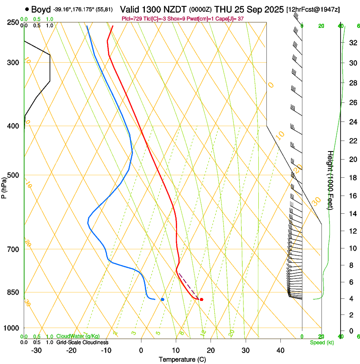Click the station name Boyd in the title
pyautogui.click(x=41, y=9)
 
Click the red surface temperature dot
pyautogui.click(x=202, y=300)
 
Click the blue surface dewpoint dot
pyautogui.click(x=163, y=300)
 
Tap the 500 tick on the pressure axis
pyautogui.click(x=13, y=175)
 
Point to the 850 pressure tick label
pyautogui.click(x=13, y=292)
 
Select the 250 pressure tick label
pyautogui.click(x=13, y=22)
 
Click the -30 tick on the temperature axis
pyautogui.click(x=36, y=350)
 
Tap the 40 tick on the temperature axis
pyautogui.click(x=280, y=350)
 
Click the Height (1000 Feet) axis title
pyautogui.click(x=330, y=180)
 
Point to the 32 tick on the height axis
pyautogui.click(x=352, y=43)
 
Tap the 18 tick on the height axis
pyautogui.click(x=352, y=177)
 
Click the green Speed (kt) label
pyautogui.click(x=321, y=342)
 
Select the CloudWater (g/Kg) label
pyautogui.click(x=78, y=336)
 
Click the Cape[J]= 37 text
pyautogui.click(x=231, y=19)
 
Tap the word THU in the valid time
pyautogui.click(x=224, y=9)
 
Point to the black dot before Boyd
pyautogui.click(x=27, y=9)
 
